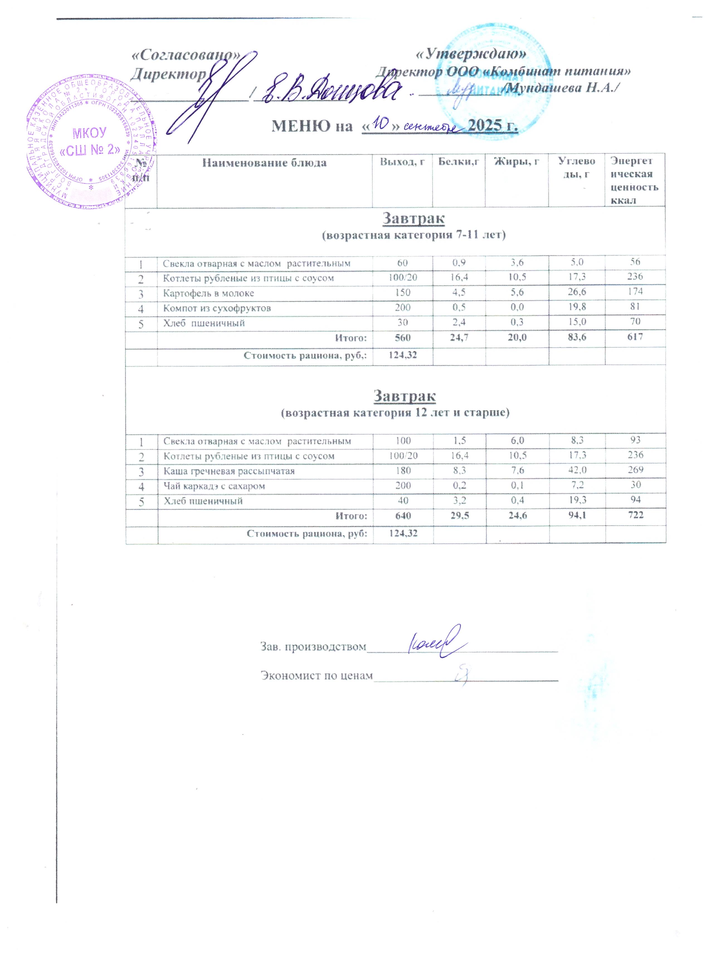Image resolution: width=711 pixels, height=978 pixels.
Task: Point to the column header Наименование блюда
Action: coord(264,163)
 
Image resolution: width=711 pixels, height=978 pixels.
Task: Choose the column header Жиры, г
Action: coord(517,162)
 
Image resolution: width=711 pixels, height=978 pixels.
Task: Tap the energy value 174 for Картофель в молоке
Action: coord(635,291)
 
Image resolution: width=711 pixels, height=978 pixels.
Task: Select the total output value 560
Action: coord(402,338)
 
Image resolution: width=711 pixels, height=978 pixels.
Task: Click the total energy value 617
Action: coord(635,337)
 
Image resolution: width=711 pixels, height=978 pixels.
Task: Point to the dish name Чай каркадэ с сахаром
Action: coord(214,486)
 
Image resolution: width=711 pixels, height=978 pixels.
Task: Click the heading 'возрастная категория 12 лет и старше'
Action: coord(395,413)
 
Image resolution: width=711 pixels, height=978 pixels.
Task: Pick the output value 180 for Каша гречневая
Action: coord(403,470)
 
